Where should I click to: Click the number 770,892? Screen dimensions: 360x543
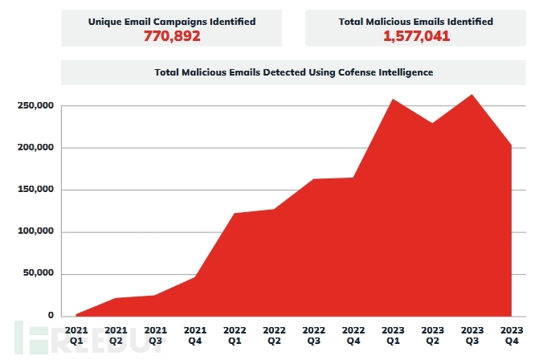(x=171, y=35)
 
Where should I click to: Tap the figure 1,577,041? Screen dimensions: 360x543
(x=415, y=35)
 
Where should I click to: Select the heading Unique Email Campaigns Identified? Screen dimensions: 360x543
(x=171, y=22)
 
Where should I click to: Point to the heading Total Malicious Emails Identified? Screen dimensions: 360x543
(x=415, y=22)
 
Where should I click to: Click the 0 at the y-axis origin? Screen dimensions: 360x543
(x=51, y=316)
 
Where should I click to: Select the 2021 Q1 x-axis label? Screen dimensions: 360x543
(x=76, y=335)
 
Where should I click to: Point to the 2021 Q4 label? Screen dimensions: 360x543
(x=194, y=335)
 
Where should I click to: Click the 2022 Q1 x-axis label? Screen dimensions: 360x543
(x=234, y=335)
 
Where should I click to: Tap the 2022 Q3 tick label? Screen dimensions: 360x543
(x=312, y=335)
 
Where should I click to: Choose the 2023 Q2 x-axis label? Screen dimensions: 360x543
(x=432, y=335)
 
